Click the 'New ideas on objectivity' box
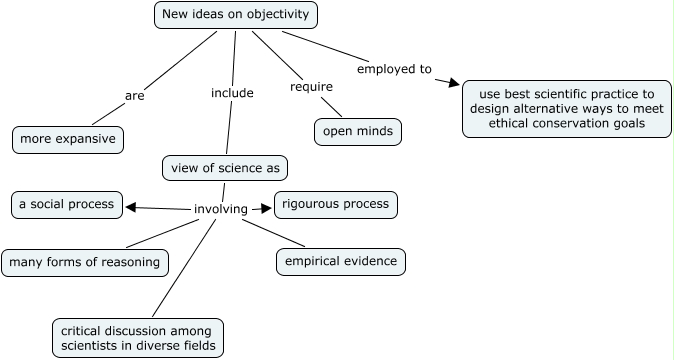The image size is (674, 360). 237,15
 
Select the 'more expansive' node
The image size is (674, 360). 68,139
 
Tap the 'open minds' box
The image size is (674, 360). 358,132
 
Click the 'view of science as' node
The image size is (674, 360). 225,168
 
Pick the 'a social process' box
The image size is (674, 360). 67,204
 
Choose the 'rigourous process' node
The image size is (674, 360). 336,204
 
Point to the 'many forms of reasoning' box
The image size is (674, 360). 84,263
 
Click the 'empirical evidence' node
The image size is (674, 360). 341,262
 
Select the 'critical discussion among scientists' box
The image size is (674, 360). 138,338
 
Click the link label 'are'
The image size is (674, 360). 135,96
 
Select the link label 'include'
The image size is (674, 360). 232,93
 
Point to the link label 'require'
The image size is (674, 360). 311,87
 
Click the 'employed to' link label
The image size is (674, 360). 394,69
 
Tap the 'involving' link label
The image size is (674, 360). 220,209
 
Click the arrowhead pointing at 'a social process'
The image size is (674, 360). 131,208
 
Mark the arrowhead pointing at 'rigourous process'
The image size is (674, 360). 266,209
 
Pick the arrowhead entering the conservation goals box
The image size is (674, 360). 455,84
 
